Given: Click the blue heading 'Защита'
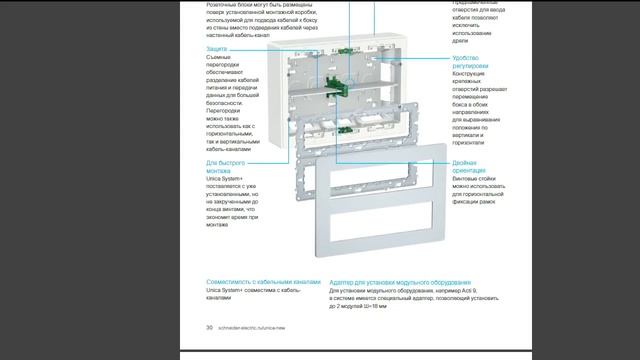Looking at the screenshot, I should click(x=218, y=48).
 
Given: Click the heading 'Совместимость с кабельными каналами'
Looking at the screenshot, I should click(x=264, y=282).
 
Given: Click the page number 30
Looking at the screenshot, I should click(x=210, y=326).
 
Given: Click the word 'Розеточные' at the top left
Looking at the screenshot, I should click(x=225, y=3).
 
